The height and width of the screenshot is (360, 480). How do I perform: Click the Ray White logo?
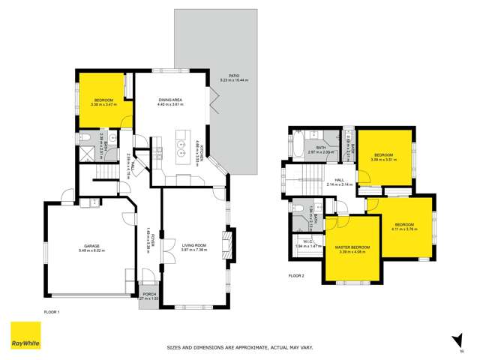pyautogui.click(x=25, y=336)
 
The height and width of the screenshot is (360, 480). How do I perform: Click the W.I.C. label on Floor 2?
pyautogui.click(x=305, y=242)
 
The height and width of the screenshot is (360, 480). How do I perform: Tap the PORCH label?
pyautogui.click(x=148, y=293)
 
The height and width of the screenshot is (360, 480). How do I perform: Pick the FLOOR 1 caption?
pyautogui.click(x=51, y=310)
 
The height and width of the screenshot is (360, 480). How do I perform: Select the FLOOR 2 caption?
pyautogui.click(x=296, y=275)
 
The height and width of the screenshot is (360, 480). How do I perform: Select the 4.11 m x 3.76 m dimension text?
pyautogui.click(x=405, y=229)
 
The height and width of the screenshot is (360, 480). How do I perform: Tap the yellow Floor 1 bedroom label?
pyautogui.click(x=103, y=100)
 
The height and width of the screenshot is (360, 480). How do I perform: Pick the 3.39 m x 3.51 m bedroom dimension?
pyautogui.click(x=384, y=160)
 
